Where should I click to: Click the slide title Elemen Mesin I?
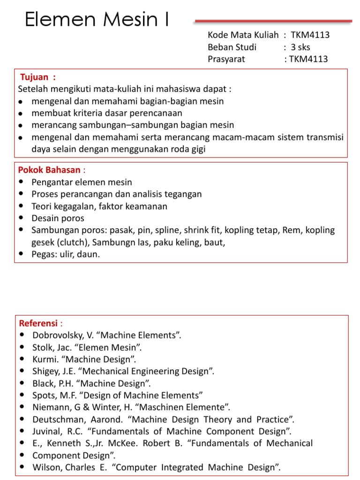point(97,20)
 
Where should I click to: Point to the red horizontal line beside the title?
point(273,21)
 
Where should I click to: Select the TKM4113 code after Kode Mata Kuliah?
point(310,35)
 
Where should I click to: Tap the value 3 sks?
point(300,47)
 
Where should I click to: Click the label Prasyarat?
point(226,59)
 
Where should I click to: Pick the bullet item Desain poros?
point(58,218)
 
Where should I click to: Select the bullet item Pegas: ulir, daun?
point(66,255)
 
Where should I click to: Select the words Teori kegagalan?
point(63,206)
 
